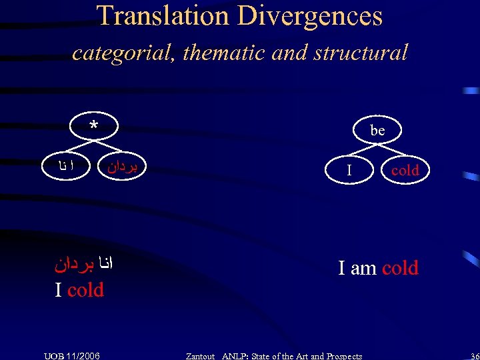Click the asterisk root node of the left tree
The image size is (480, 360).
point(94,127)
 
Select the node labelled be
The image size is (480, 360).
point(377,131)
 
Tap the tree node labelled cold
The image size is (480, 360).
point(405,170)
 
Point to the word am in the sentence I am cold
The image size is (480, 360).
point(364,268)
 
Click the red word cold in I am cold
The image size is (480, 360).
point(400,268)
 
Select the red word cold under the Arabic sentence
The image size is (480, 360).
point(85,290)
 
